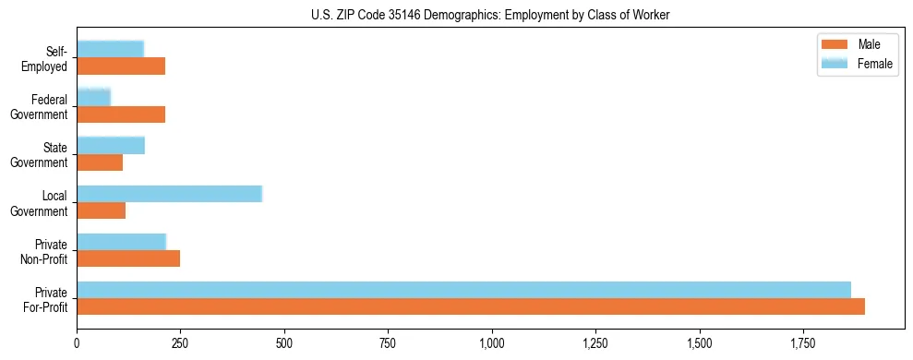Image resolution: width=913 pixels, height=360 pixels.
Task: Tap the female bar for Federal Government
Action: (93, 97)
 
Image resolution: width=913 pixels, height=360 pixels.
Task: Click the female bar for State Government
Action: (111, 145)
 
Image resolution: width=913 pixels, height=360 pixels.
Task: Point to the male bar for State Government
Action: (100, 162)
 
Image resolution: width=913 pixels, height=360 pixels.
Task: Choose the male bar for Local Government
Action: (101, 210)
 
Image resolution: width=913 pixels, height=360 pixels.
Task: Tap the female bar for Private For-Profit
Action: (463, 289)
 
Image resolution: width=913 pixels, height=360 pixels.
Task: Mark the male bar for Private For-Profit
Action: (471, 306)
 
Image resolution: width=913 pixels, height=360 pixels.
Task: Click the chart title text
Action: (490, 14)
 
